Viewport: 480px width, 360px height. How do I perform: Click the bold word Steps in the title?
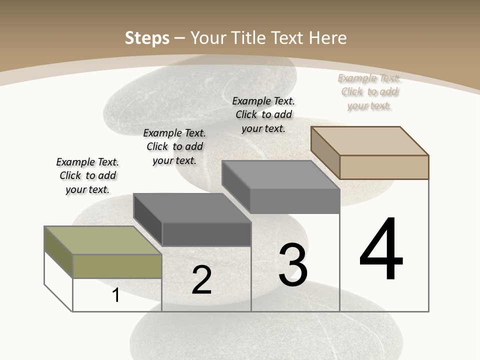pyautogui.click(x=147, y=38)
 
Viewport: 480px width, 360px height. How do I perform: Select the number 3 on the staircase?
pyautogui.click(x=293, y=265)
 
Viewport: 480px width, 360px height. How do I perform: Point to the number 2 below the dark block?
pyautogui.click(x=202, y=280)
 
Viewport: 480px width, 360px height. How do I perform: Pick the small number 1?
pyautogui.click(x=116, y=295)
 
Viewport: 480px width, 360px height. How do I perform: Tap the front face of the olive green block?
pyautogui.click(x=117, y=266)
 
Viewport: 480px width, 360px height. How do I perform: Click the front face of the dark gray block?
pyautogui.click(x=206, y=234)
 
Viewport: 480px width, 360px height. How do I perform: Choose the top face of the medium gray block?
pyautogui.click(x=280, y=174)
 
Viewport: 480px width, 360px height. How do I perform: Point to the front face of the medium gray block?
pyautogui.click(x=295, y=201)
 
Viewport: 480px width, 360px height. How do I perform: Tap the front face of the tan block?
pyautogui.click(x=384, y=167)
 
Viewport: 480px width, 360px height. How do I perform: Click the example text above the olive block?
pyautogui.click(x=87, y=175)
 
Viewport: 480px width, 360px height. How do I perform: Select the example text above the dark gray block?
pyautogui.click(x=174, y=146)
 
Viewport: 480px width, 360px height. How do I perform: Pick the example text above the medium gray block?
pyautogui.click(x=263, y=114)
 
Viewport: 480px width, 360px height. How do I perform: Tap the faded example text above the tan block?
pyautogui.click(x=369, y=91)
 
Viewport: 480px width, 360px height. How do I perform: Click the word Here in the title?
pyautogui.click(x=327, y=38)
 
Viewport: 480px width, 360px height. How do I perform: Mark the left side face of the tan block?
pyautogui.click(x=325, y=152)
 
